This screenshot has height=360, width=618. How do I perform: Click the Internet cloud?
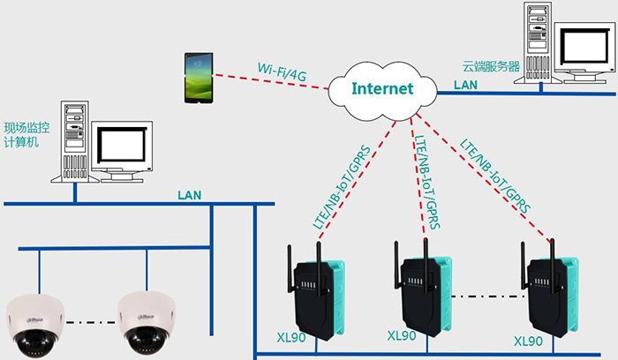click(x=382, y=89)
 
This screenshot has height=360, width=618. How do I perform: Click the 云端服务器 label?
click(x=491, y=66)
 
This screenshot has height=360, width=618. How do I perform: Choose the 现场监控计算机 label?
click(x=26, y=135)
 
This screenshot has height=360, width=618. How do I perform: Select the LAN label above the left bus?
click(x=192, y=194)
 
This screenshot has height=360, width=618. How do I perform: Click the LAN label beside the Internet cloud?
click(x=466, y=85)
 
